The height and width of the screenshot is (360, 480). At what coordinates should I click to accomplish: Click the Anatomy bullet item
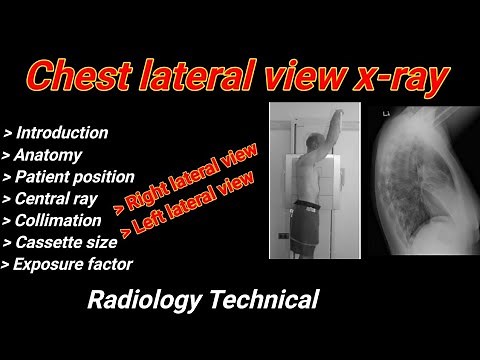point(45,154)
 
